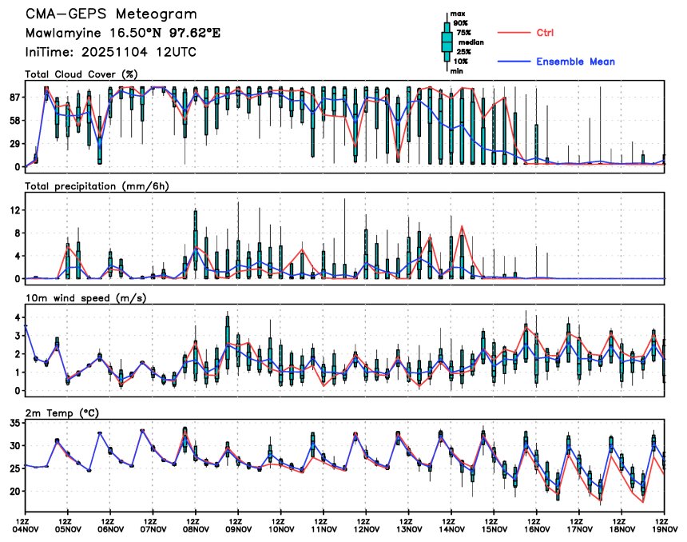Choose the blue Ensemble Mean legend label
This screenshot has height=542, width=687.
tap(575, 62)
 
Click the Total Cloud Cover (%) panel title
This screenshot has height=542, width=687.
tap(82, 74)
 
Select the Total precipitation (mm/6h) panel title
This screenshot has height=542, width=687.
tap(97, 186)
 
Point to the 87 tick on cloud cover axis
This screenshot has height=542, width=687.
tap(14, 98)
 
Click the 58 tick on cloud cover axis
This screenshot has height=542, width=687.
tap(14, 121)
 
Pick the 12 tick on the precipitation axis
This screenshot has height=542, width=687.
tap(14, 210)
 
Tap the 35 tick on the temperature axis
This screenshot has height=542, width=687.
tap(14, 424)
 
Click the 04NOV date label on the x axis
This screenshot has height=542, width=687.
tap(26, 528)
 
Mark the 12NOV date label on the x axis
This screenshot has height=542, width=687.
tap(367, 528)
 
